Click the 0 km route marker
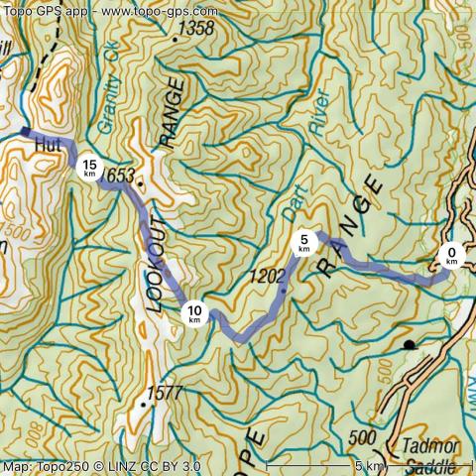tap(451, 258)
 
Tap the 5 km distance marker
tap(304, 242)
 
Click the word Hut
tap(48, 146)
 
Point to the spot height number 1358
tap(194, 29)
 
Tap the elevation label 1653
tap(116, 175)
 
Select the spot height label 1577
tap(164, 393)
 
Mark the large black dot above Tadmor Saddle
tap(409, 345)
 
